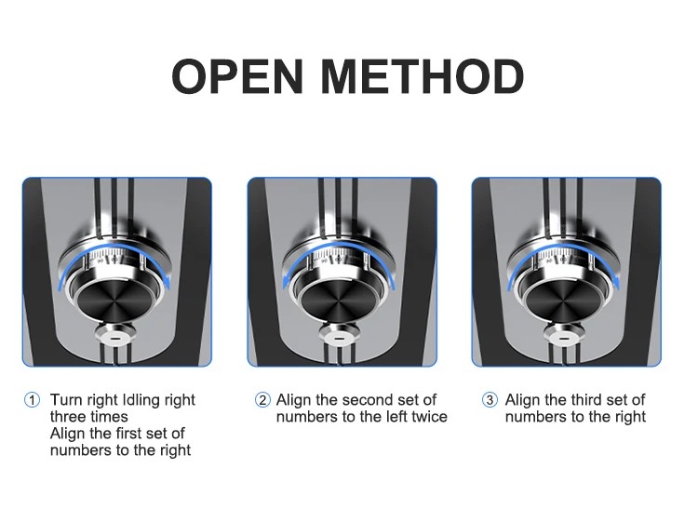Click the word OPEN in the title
[x=237, y=76]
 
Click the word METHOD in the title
[x=423, y=76]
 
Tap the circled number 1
[x=32, y=399]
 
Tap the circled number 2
[x=262, y=399]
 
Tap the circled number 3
[x=490, y=399]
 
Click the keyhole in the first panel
[x=115, y=338]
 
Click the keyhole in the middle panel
[x=340, y=338]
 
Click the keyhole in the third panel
[x=564, y=338]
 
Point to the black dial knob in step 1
[x=114, y=301]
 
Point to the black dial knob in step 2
[x=339, y=301]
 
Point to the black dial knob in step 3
[x=564, y=301]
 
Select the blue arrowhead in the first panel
[x=166, y=282]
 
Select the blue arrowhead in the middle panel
[x=288, y=282]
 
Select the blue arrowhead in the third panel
[x=615, y=282]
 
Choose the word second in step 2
[x=368, y=399]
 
